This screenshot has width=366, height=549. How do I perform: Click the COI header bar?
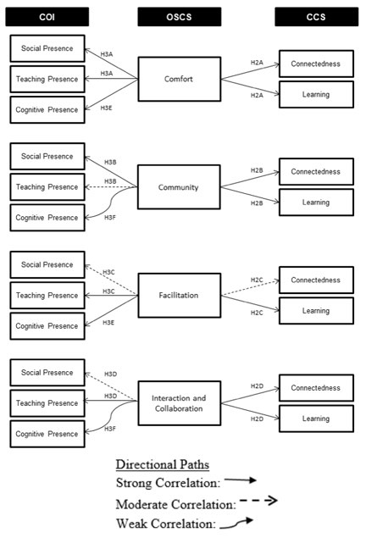[x=47, y=17]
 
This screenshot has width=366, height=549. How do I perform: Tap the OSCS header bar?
[x=180, y=17]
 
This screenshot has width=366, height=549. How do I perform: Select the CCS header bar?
[x=316, y=17]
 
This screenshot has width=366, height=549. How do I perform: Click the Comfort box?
[x=180, y=79]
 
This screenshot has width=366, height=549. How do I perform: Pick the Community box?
[x=179, y=187]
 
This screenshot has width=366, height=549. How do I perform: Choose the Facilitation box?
[x=180, y=296]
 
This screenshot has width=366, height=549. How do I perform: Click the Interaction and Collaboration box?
[x=180, y=403]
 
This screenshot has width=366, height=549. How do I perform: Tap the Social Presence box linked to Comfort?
[x=47, y=48]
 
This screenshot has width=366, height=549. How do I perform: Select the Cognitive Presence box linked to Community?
[x=47, y=218]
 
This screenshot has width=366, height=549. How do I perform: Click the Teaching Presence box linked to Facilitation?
[x=47, y=296]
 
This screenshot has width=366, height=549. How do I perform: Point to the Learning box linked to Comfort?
[x=316, y=95]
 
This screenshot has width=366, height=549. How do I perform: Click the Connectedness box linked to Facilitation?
[x=316, y=280]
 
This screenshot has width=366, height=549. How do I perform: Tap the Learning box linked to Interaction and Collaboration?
[x=316, y=419]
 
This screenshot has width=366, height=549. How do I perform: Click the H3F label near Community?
[x=110, y=218]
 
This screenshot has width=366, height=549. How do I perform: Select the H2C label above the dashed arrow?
[x=257, y=280]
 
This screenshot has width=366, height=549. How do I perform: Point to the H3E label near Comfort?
[x=107, y=108]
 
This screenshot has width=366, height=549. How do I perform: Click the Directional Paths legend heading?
[x=163, y=464]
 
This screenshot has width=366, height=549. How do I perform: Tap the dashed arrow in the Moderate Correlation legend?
[x=259, y=501]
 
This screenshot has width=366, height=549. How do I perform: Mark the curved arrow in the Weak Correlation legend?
[x=236, y=523]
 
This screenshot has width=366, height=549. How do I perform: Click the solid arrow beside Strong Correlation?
[x=241, y=480]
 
